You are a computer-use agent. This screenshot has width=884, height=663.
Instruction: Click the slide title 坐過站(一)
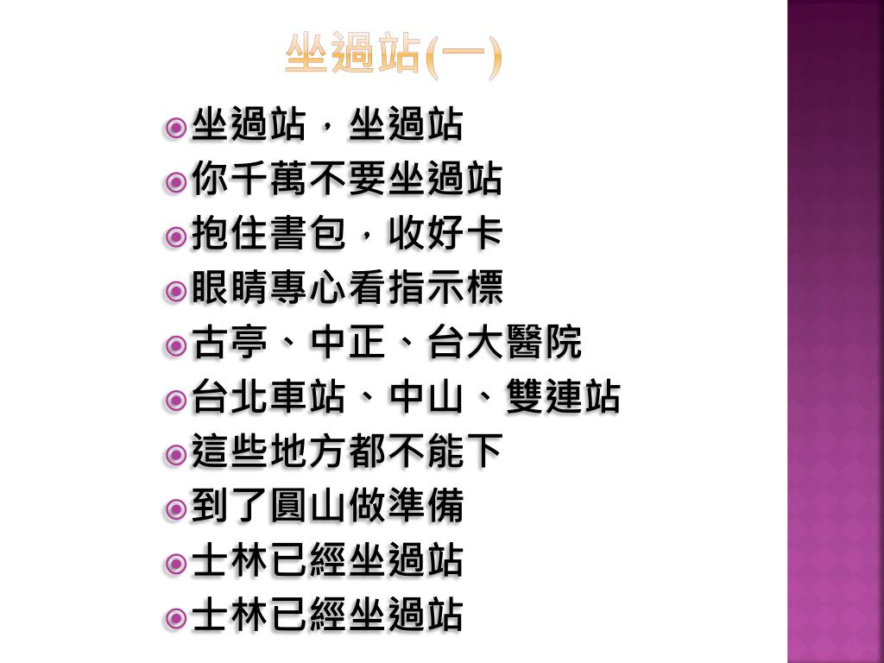[x=393, y=57]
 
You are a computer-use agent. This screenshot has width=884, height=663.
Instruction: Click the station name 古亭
[x=230, y=344]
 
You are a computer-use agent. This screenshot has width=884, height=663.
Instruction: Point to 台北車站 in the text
[x=269, y=398]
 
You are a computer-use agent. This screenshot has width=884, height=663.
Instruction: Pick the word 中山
[x=426, y=398]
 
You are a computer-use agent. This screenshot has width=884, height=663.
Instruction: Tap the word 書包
[x=308, y=235]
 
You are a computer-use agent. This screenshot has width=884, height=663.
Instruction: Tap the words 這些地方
[x=269, y=452]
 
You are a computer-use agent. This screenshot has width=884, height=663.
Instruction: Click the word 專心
[x=308, y=289]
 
